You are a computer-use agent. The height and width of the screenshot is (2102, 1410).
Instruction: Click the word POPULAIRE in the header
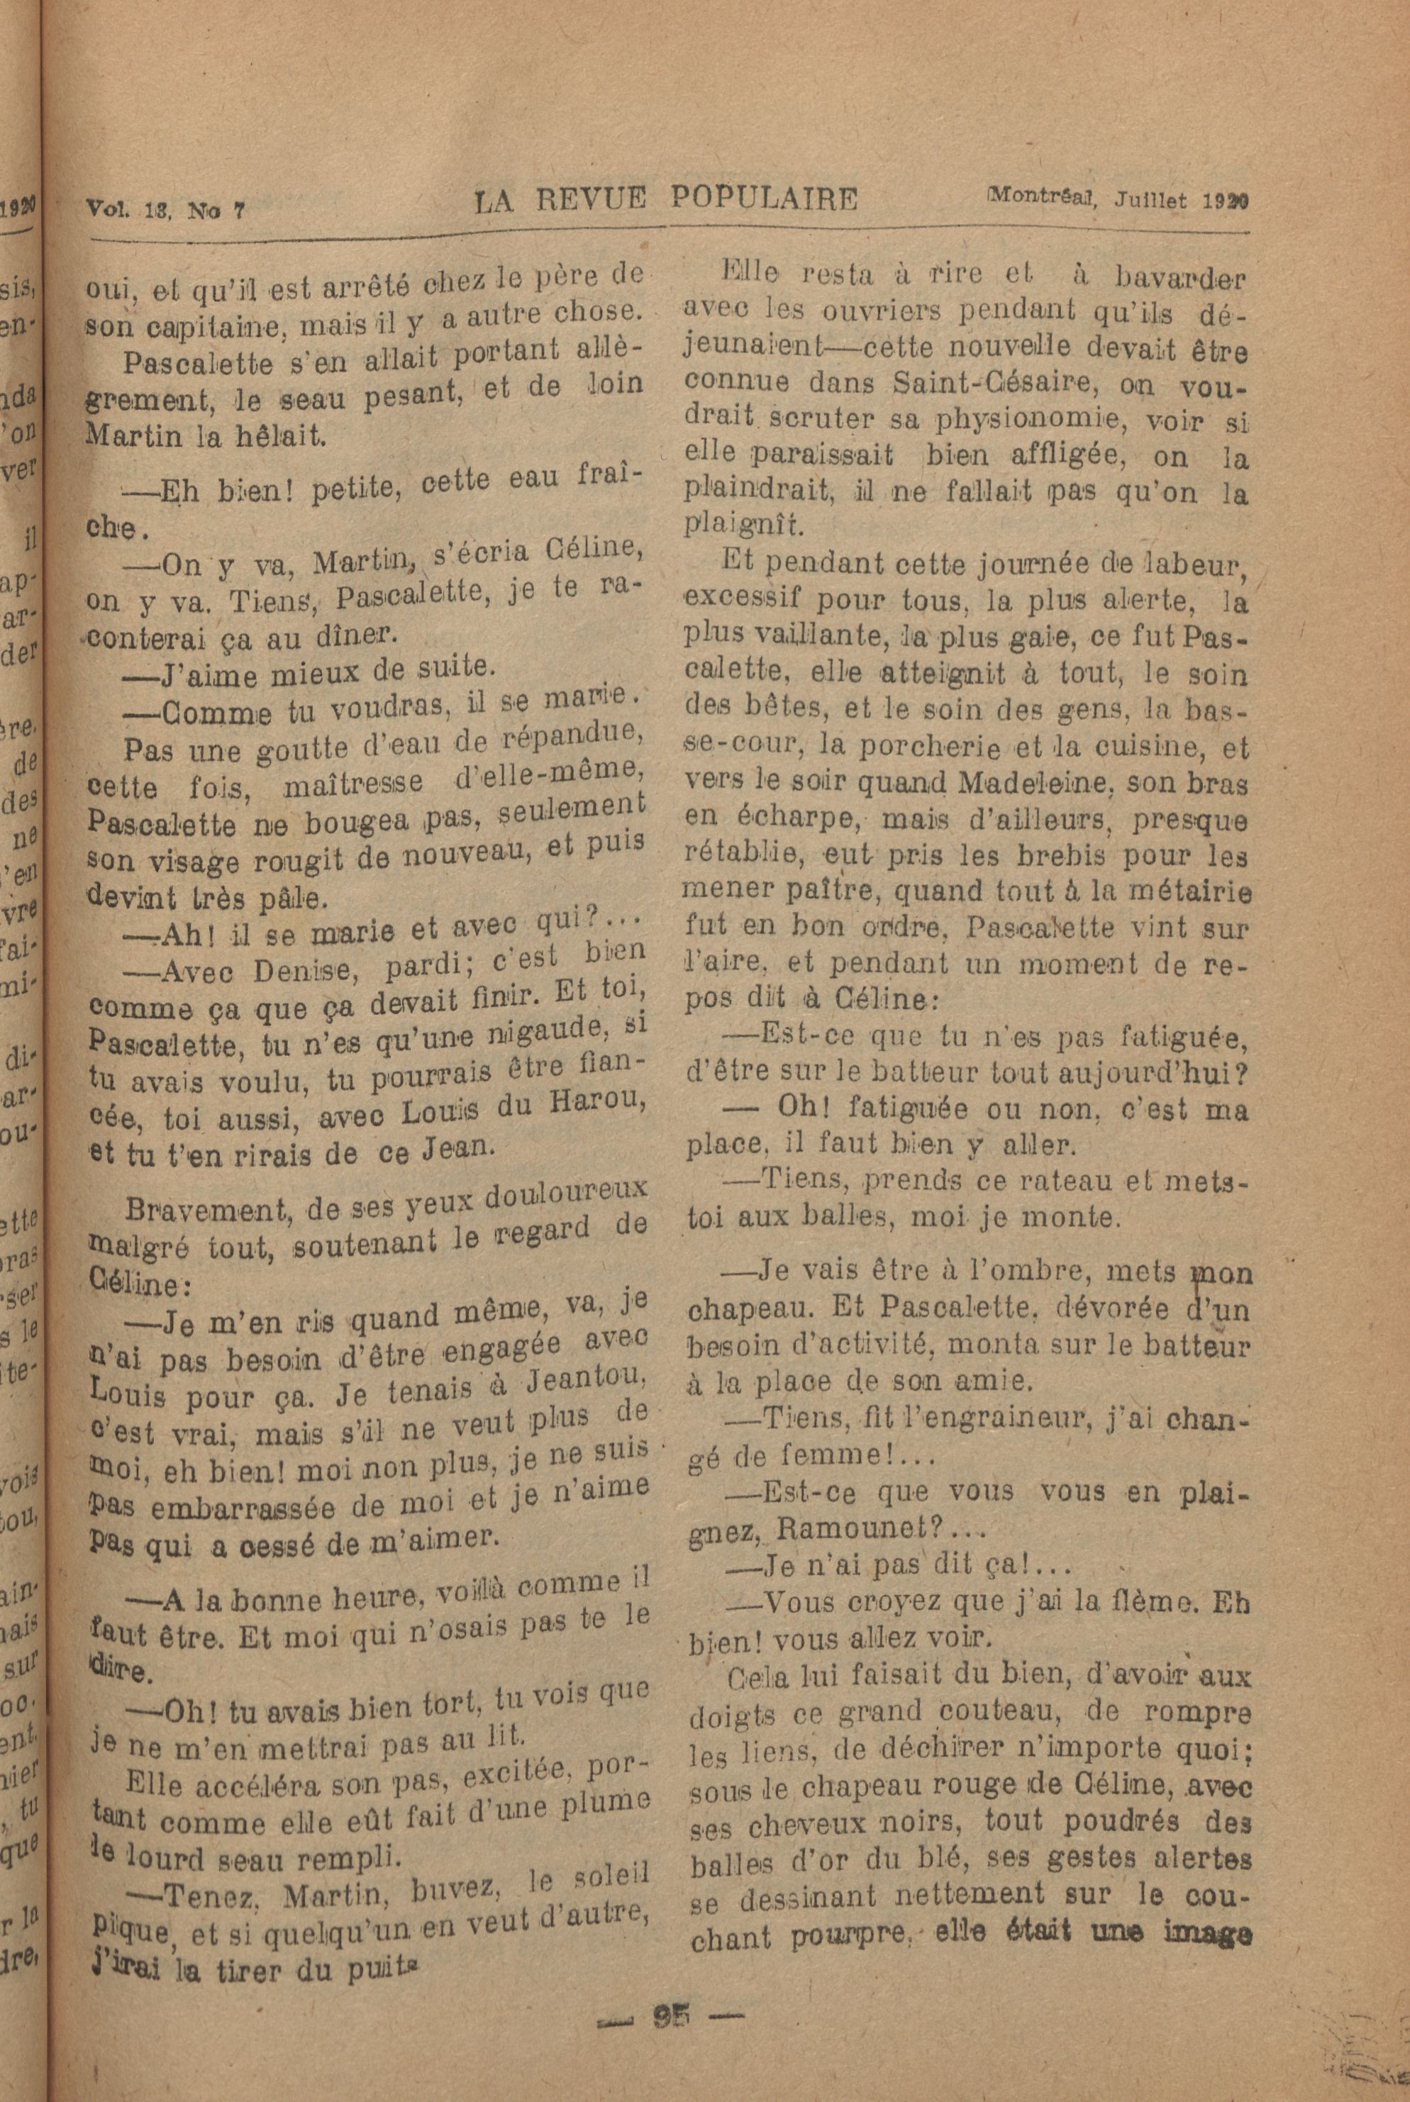pos(763,199)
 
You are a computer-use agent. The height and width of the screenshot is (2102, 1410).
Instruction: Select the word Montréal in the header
pos(1038,196)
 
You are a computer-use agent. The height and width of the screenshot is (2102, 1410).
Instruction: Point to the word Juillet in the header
pos(1153,199)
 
